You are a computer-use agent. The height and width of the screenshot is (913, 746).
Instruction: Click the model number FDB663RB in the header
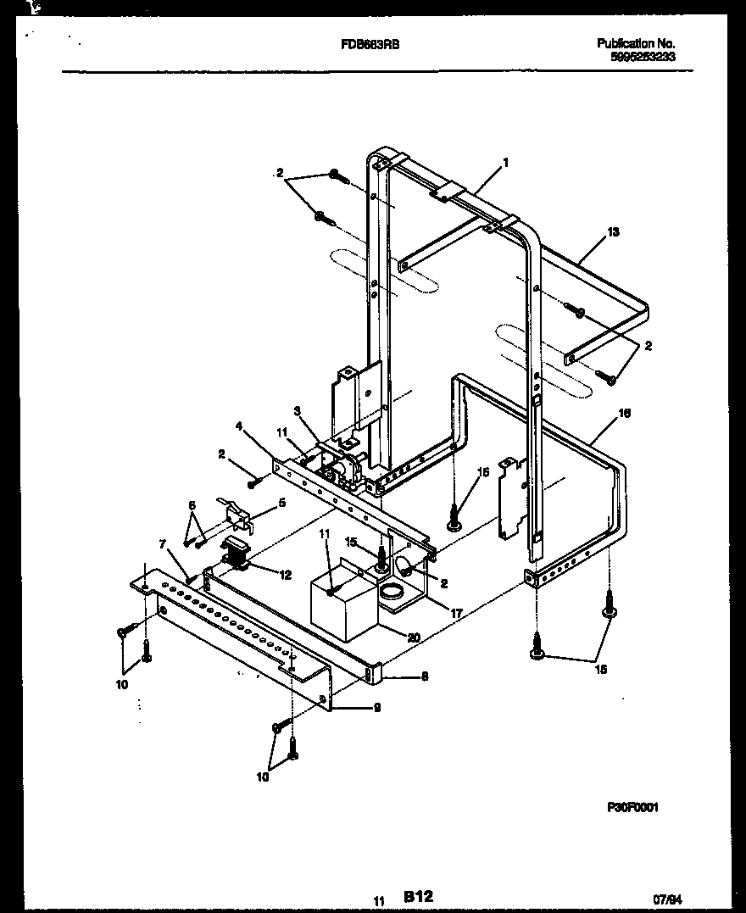[x=365, y=43]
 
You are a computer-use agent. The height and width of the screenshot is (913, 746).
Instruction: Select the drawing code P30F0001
[x=632, y=808]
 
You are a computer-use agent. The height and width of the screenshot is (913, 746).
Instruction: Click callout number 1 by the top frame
[x=505, y=162]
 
